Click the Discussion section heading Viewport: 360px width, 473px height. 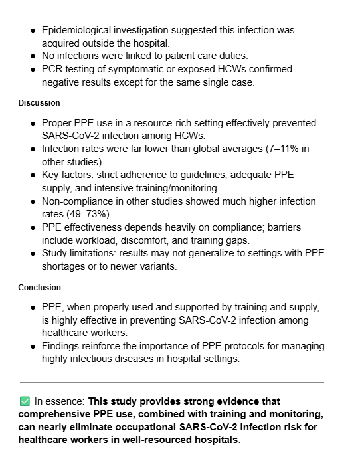(39, 103)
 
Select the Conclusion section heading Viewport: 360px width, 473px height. (39, 288)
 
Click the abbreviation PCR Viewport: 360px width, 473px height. (52, 69)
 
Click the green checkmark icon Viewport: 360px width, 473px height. (25, 401)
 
